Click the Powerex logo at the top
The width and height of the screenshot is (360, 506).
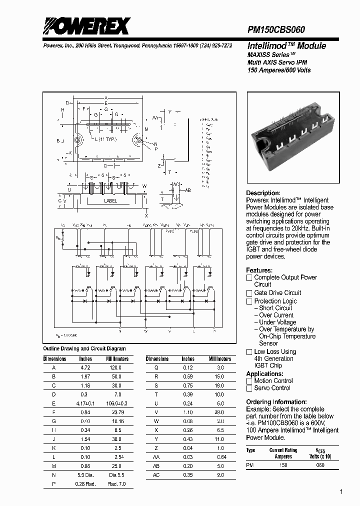point(86,26)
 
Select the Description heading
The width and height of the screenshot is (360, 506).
point(263,193)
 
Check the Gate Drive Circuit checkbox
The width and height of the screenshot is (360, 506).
point(249,293)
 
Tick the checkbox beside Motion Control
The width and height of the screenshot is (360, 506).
point(249,381)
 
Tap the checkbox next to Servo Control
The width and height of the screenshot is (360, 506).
point(249,388)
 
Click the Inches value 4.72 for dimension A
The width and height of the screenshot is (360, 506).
point(85,367)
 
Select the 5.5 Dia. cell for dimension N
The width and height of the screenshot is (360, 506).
point(85,475)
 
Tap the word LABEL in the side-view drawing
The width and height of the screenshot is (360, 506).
point(110,201)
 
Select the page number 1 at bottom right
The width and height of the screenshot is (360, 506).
point(341,492)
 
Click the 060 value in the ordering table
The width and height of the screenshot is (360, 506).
point(320,465)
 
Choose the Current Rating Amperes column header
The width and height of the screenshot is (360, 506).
point(283,453)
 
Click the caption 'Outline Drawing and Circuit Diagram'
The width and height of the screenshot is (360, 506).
point(84,349)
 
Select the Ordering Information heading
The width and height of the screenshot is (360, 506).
point(276,402)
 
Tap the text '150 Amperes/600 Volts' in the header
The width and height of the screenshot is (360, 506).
point(279,70)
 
